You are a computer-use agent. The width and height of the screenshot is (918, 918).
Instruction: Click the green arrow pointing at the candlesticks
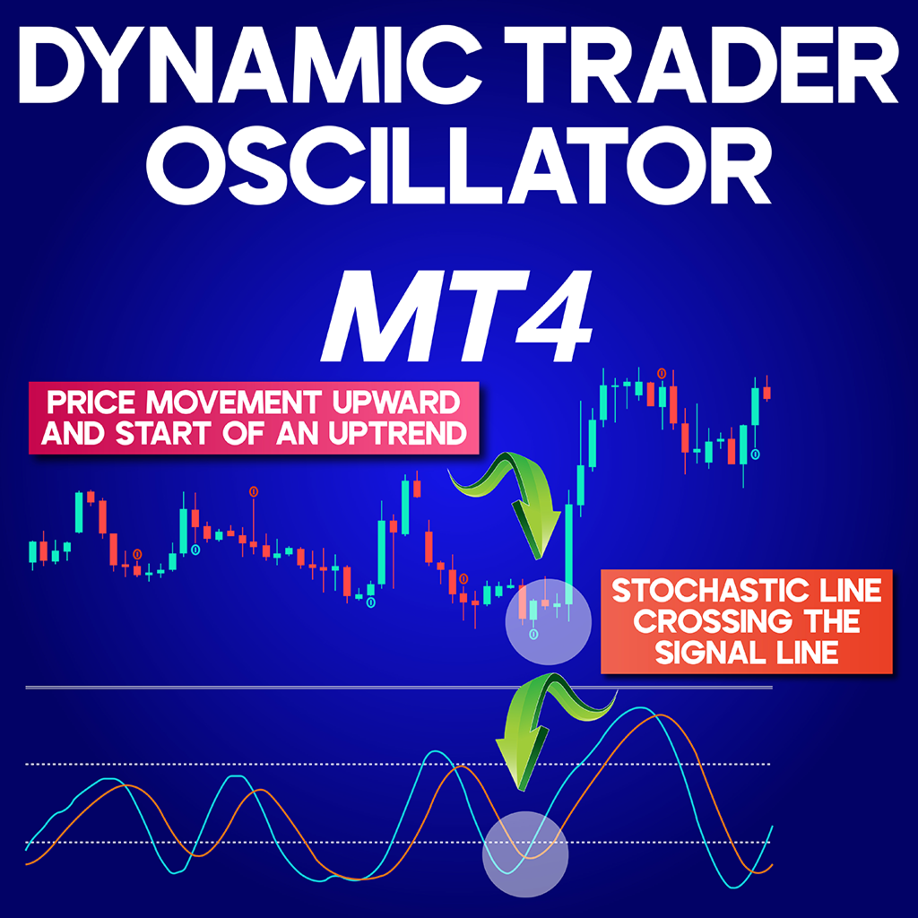[x=515, y=502]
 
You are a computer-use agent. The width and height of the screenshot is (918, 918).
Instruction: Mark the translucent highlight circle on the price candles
[x=550, y=620]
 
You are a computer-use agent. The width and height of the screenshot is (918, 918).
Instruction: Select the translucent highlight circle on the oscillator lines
[x=525, y=854]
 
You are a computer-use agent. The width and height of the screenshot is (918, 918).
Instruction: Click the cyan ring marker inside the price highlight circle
[x=534, y=635]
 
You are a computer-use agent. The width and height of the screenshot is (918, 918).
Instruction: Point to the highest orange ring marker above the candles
[x=663, y=372]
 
